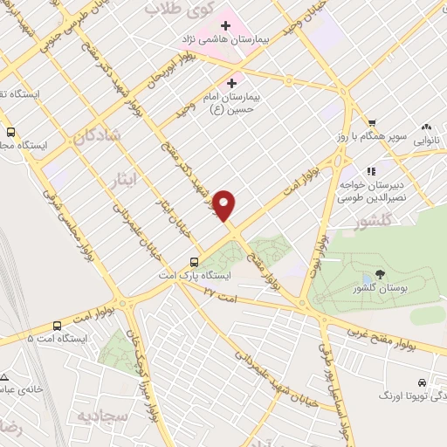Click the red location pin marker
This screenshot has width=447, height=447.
pyautogui.click(x=225, y=204)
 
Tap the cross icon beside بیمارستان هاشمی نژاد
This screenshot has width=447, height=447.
pyautogui.click(x=225, y=24)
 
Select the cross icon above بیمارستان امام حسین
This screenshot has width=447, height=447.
pyautogui.click(x=231, y=82)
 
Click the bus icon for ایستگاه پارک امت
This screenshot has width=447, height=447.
pyautogui.click(x=195, y=261)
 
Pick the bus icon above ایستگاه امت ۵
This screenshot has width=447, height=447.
pyautogui.click(x=57, y=323)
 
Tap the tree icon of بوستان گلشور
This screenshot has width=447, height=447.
pyautogui.click(x=379, y=275)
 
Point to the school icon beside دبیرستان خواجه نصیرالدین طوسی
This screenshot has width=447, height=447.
pyautogui.click(x=370, y=171)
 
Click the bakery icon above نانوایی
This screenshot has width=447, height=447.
pyautogui.click(x=427, y=127)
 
